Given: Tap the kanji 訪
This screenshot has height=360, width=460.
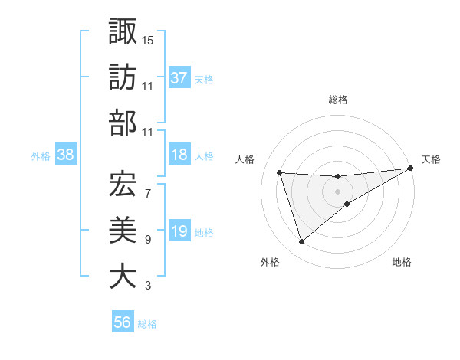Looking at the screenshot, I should click(x=123, y=77).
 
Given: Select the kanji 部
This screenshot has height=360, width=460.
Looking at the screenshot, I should click(x=123, y=123).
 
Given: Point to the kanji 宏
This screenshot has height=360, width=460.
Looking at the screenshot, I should click(x=123, y=182).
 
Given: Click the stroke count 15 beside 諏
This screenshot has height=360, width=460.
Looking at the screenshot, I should click(x=149, y=38).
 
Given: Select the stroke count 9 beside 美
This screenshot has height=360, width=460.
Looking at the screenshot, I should click(x=147, y=240).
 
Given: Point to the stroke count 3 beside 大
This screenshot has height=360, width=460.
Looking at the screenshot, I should click(x=147, y=286).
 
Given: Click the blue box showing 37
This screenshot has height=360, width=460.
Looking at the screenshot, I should click(x=179, y=77).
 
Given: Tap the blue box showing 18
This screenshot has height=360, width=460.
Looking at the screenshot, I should click(x=179, y=155).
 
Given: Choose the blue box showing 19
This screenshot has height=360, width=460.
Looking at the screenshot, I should click(x=179, y=231).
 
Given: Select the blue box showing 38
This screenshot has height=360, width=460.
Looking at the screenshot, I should click(x=66, y=155).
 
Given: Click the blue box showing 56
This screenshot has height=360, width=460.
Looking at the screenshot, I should click(x=123, y=322).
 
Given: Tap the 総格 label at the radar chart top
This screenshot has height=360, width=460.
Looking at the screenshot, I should click(x=338, y=100).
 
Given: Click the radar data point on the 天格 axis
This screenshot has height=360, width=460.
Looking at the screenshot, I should click(x=411, y=169).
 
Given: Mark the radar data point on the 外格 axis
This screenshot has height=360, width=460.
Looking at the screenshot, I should click(x=301, y=242).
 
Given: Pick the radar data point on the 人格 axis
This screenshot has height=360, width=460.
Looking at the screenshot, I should click(x=280, y=172).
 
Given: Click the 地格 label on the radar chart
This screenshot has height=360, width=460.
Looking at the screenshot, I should click(x=402, y=262).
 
